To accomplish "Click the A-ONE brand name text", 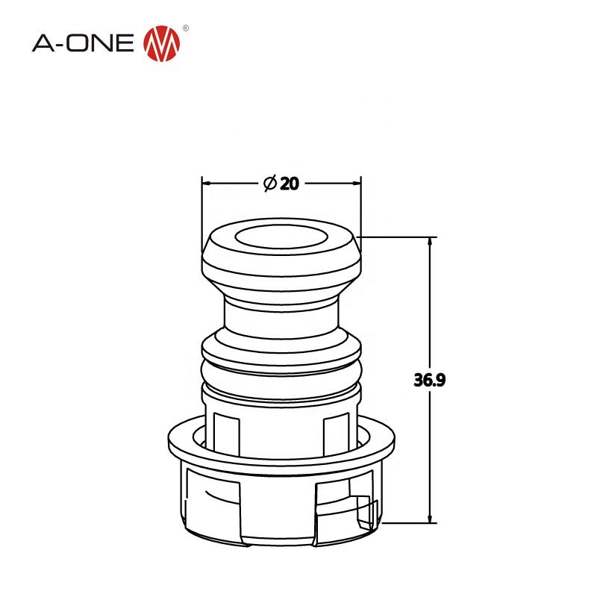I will (84, 43).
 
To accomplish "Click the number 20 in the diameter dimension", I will (290, 184).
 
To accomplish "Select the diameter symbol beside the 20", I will (270, 184).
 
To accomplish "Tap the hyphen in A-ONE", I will (63, 45).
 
